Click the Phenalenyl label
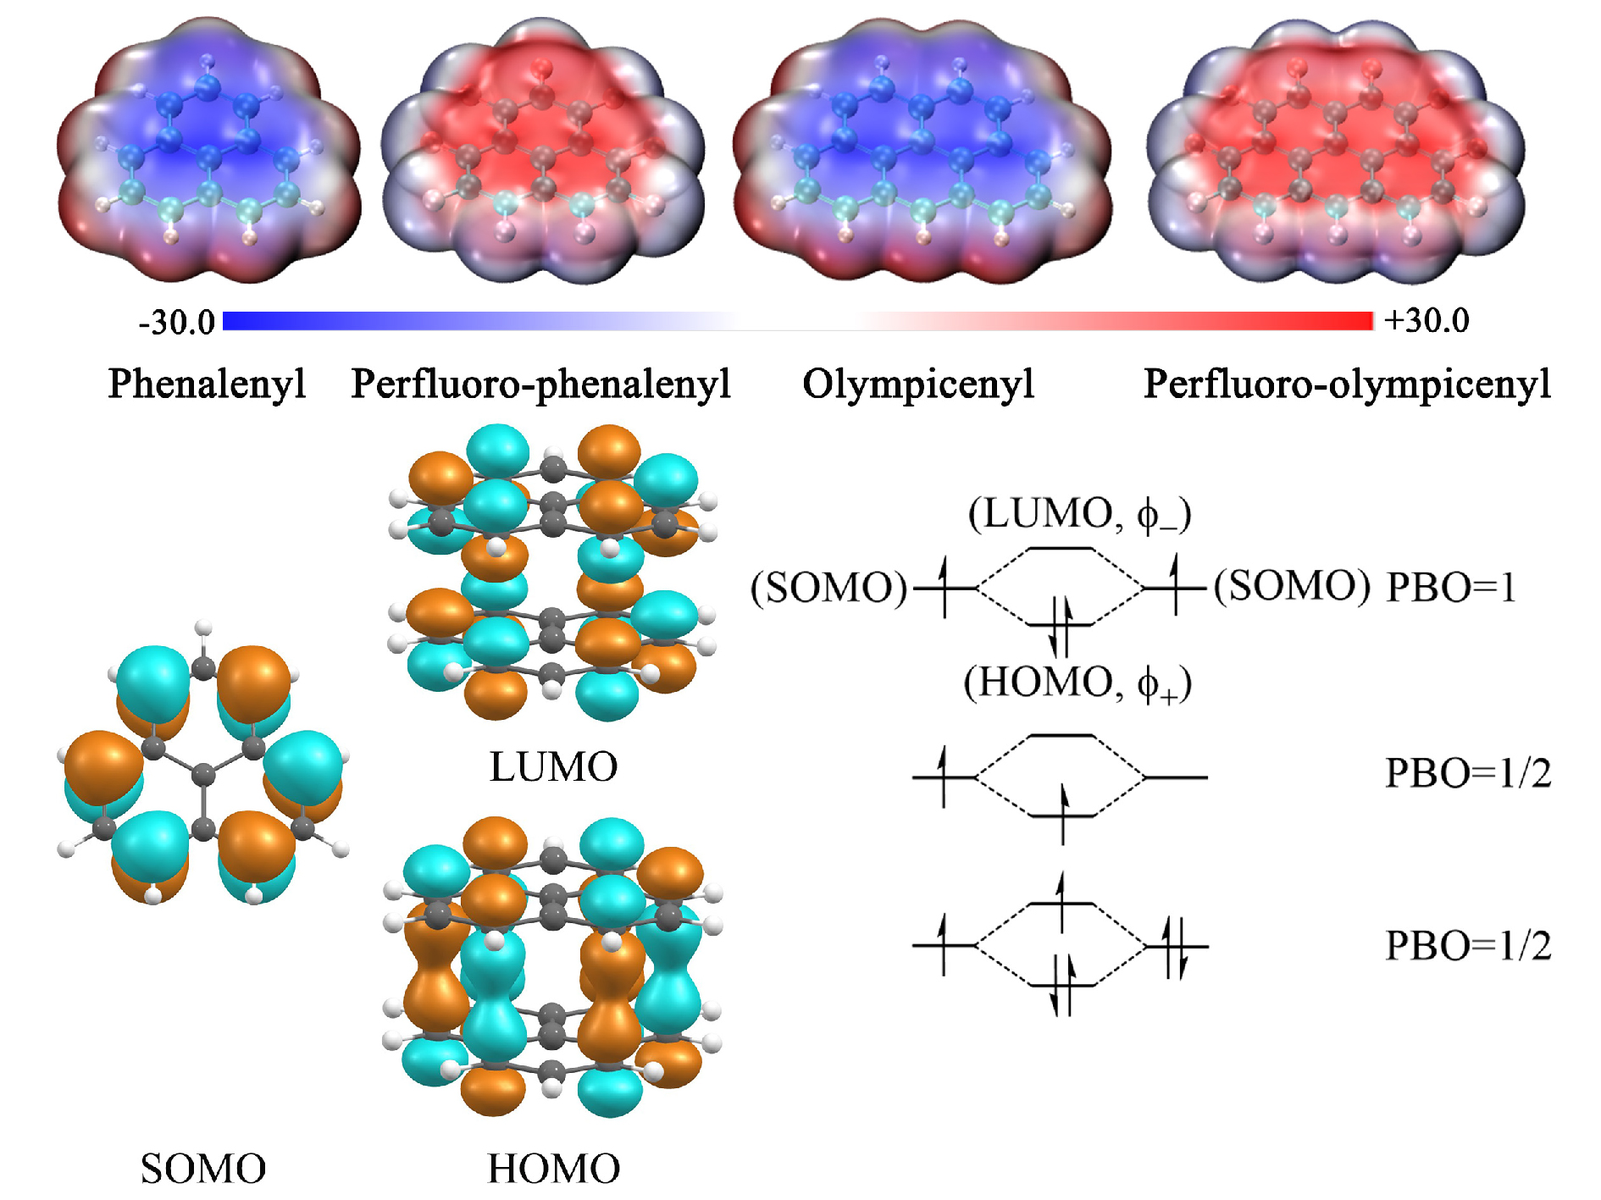point(207,384)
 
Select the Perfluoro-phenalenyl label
point(540,384)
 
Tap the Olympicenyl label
point(918,384)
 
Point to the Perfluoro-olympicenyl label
point(1347,384)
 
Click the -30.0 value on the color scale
point(177,323)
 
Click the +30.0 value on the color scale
point(1426,321)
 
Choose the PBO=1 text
point(1450,587)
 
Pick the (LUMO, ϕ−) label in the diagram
point(1080,514)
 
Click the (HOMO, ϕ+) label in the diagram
point(1077,683)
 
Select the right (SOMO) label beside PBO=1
point(1292,586)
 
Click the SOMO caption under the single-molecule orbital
point(203,1169)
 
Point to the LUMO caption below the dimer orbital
point(553,767)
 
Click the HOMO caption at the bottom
point(553,1169)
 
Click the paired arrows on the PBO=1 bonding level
point(1061,627)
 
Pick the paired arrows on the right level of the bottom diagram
point(1175,947)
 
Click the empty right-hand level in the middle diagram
point(1176,777)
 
